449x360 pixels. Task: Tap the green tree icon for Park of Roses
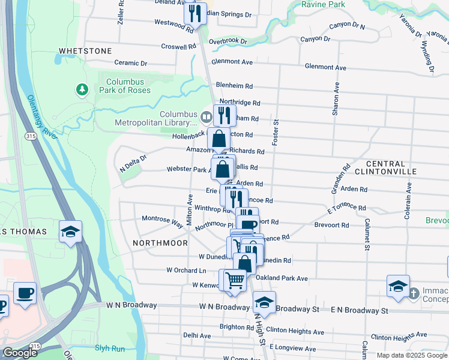[x=82, y=90]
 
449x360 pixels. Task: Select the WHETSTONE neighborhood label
[x=85, y=51]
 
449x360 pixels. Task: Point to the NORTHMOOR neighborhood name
[x=156, y=243]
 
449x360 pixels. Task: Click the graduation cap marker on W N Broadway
[x=264, y=302]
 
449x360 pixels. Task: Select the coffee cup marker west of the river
[x=25, y=293]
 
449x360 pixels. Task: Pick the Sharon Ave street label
[x=336, y=99]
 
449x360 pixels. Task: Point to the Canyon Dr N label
[x=348, y=26]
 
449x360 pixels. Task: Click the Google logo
[x=20, y=353]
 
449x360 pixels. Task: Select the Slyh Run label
[x=110, y=347]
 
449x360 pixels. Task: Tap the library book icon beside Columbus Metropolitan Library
[x=206, y=116]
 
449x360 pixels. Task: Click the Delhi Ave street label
[x=197, y=335]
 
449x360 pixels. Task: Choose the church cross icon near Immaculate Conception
[x=414, y=293]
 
